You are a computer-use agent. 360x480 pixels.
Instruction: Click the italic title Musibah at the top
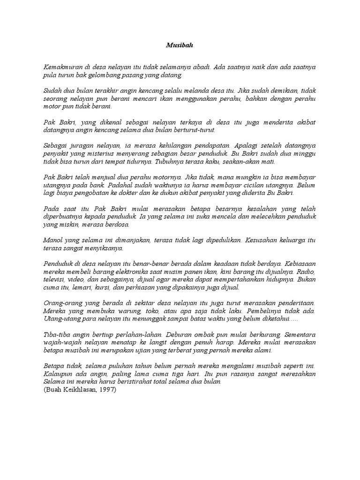pyautogui.click(x=180, y=45)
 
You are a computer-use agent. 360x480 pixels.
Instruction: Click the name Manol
pyautogui.click(x=52, y=240)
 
